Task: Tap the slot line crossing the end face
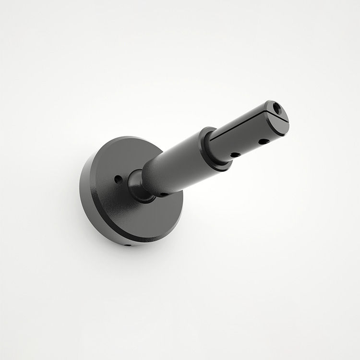(278, 116)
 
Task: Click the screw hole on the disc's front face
(118, 179)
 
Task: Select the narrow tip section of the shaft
(245, 137)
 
